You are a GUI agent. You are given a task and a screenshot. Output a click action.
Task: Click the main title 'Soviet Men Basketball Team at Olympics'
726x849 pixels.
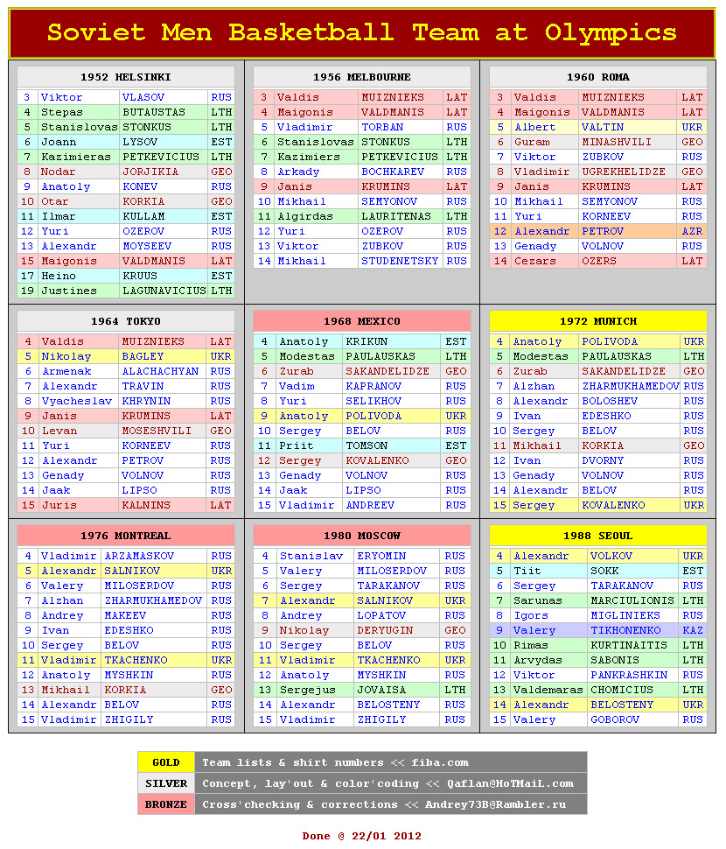[362, 33]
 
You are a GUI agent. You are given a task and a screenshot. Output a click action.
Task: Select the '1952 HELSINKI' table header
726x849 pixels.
[126, 77]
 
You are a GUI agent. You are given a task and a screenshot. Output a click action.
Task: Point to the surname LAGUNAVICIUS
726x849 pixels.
[164, 291]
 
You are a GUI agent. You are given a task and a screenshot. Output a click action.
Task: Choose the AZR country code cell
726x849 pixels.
[692, 231]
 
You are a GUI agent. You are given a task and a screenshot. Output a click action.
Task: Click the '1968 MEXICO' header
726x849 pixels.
[362, 321]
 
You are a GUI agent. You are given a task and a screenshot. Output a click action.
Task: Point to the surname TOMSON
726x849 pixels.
[366, 446]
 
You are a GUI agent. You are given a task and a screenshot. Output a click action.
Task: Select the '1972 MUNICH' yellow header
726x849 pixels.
[598, 321]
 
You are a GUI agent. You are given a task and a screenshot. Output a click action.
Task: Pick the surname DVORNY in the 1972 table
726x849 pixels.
[603, 460]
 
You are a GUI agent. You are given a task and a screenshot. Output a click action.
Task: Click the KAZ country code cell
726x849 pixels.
[693, 630]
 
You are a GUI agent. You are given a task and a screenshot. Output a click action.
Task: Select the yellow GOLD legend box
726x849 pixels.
[166, 762]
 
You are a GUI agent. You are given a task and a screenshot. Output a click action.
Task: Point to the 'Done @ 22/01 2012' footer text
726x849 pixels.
[362, 836]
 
